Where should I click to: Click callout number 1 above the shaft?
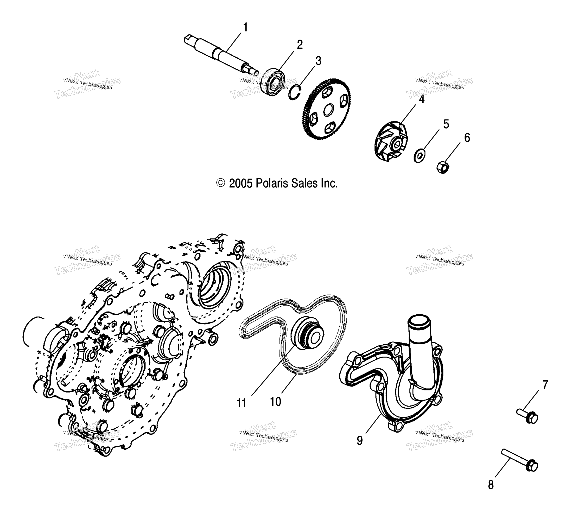coord(245,28)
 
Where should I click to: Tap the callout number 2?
coord(300,45)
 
